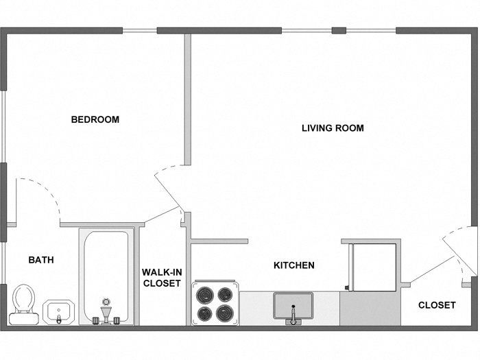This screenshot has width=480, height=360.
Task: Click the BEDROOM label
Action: (95, 119)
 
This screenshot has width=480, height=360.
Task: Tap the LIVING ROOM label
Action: (333, 128)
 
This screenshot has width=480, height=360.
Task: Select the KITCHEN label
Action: (294, 265)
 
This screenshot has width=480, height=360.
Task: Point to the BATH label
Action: (41, 260)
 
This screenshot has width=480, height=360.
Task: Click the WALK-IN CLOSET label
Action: (162, 278)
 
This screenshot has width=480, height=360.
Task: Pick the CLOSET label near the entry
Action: (437, 305)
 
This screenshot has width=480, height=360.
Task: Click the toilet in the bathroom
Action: (23, 303)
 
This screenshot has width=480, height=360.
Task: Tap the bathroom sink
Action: (58, 312)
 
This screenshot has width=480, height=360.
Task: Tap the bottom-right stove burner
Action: (225, 314)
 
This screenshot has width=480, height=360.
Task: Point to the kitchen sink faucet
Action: (293, 317)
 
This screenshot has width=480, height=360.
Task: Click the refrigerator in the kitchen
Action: (371, 265)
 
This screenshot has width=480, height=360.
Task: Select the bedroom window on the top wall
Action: (139, 30)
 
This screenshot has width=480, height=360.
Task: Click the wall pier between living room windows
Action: (339, 30)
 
